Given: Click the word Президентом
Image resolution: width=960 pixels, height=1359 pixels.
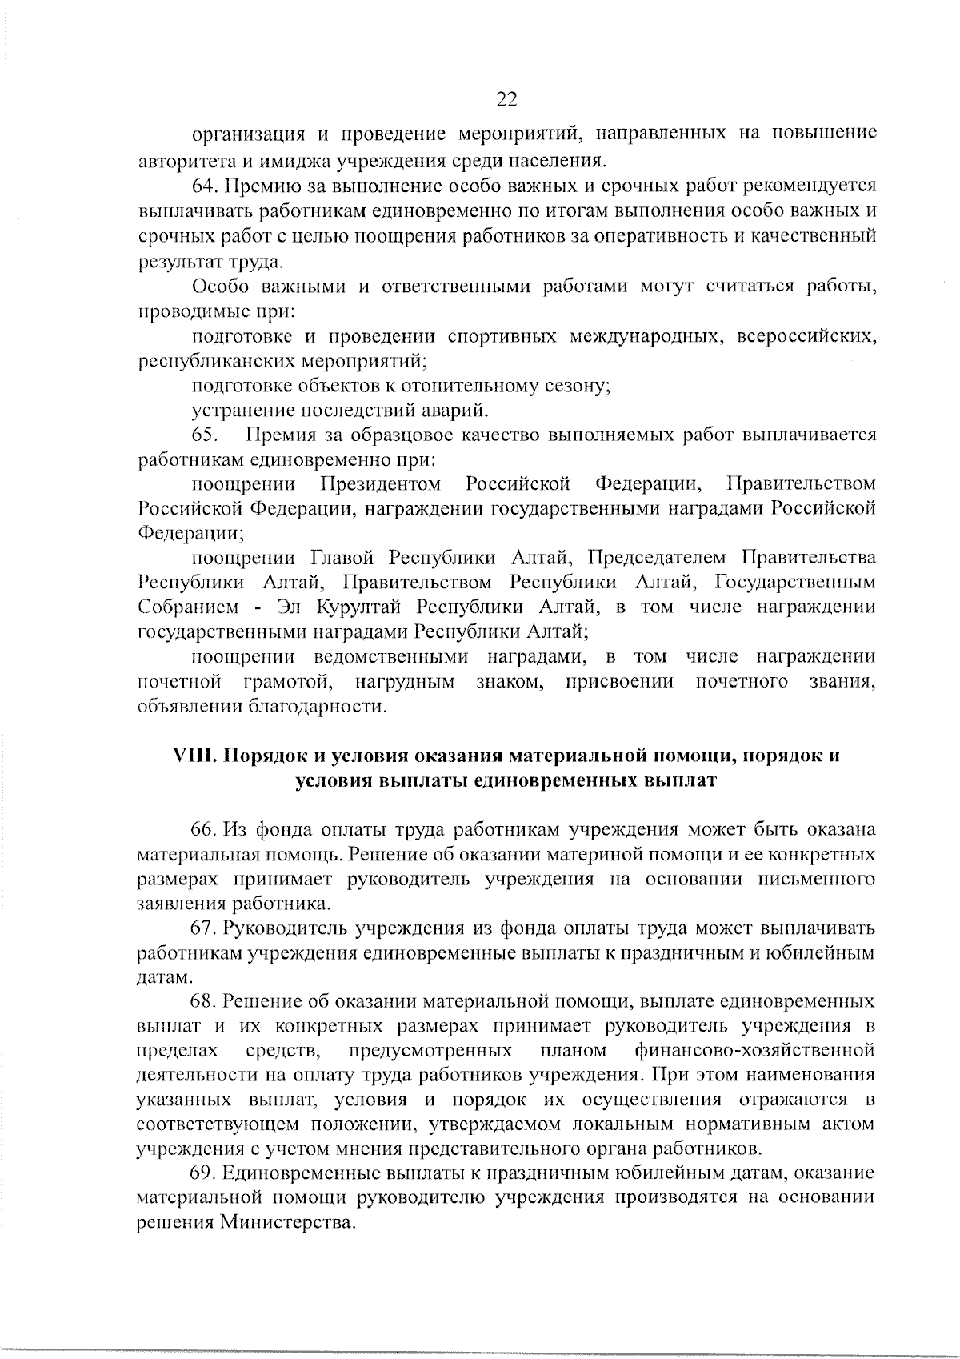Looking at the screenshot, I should tap(381, 484).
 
